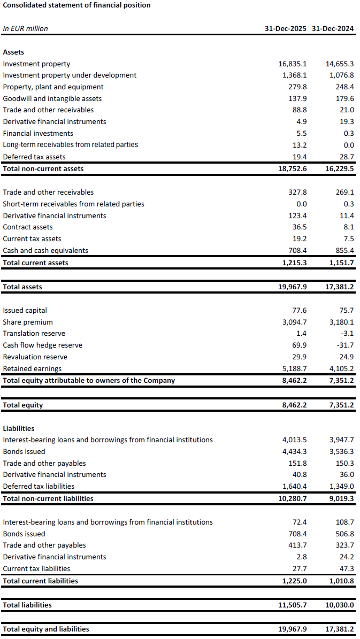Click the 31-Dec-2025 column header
click(x=286, y=29)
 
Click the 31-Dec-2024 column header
click(x=332, y=29)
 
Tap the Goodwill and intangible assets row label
click(x=52, y=98)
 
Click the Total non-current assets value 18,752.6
click(x=289, y=168)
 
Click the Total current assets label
click(x=36, y=263)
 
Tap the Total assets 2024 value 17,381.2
click(x=339, y=287)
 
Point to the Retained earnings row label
click(x=32, y=368)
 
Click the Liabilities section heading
click(x=19, y=428)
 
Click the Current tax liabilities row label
click(x=36, y=568)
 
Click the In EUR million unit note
click(x=25, y=29)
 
